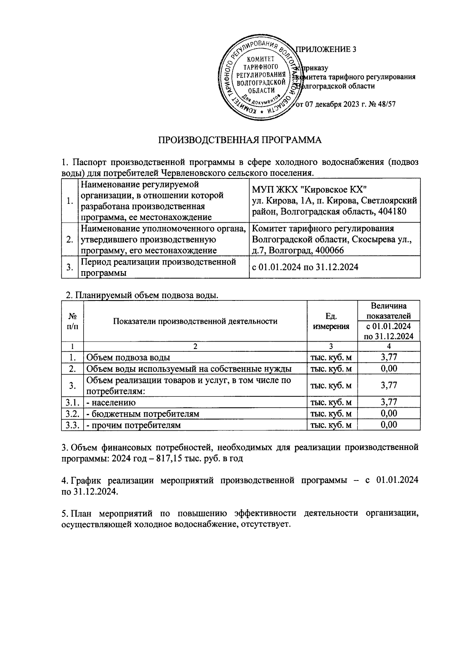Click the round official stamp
259,79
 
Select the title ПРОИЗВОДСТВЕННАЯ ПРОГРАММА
239,140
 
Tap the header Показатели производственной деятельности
195,322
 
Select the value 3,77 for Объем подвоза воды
389,357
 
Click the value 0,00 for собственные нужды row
389,369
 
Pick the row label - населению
111,402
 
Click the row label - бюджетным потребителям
143,414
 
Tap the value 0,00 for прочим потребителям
389,425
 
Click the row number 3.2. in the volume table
73,414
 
